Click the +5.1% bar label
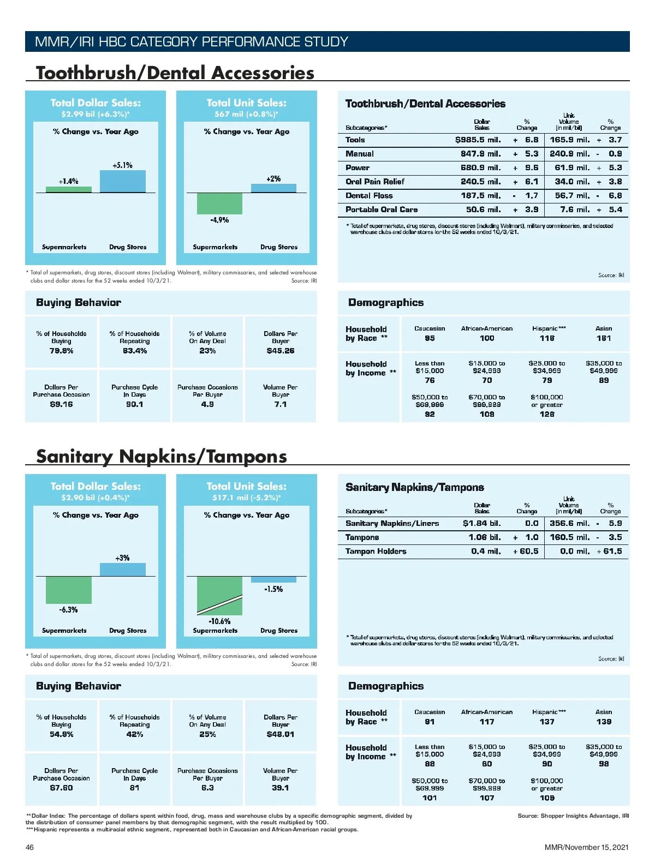[x=122, y=165]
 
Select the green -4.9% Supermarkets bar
[x=219, y=203]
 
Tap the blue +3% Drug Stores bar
[x=122, y=570]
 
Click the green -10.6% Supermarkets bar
[x=219, y=595]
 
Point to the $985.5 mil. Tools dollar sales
[x=478, y=140]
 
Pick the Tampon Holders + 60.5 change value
[x=525, y=551]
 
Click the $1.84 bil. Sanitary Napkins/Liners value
[x=481, y=523]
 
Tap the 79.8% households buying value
[x=61, y=351]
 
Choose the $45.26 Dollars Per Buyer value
[x=281, y=351]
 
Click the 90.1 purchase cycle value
[x=134, y=404]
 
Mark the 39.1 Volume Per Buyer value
[x=281, y=788]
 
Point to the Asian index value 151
[x=604, y=338]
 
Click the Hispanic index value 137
[x=547, y=722]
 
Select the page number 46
[x=29, y=847]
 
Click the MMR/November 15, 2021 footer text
[x=586, y=847]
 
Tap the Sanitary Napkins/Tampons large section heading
[x=162, y=456]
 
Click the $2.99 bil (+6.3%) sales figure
[x=96, y=114]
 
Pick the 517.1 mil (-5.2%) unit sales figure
[x=246, y=498]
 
